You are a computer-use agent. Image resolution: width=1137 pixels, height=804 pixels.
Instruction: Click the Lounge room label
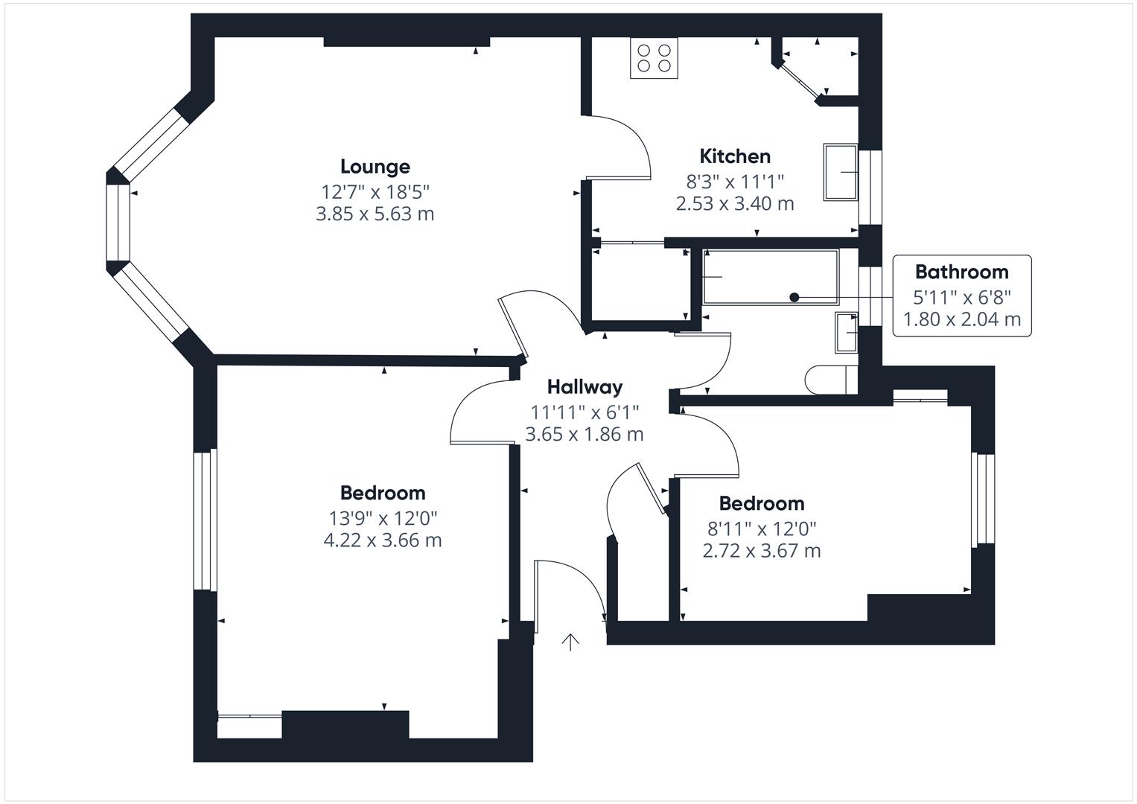(x=375, y=167)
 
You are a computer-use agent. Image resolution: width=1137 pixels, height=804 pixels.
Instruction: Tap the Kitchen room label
(x=735, y=156)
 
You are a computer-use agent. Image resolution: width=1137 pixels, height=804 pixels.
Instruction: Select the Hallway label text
(x=585, y=387)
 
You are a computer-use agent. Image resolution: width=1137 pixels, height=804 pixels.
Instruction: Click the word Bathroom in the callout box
(x=962, y=272)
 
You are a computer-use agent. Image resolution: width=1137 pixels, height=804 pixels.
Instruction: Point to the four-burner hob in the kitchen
(x=654, y=58)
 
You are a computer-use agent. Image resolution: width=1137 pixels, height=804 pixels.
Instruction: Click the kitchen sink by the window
(x=841, y=172)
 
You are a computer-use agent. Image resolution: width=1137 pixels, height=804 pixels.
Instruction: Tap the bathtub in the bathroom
(x=771, y=277)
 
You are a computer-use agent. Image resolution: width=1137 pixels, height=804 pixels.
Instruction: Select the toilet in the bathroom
(x=832, y=380)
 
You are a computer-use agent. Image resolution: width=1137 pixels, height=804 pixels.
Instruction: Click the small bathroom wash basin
(x=846, y=333)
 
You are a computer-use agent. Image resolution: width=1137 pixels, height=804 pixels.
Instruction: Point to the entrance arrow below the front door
(x=570, y=642)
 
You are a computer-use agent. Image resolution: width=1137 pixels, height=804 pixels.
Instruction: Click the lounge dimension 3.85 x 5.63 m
(x=375, y=214)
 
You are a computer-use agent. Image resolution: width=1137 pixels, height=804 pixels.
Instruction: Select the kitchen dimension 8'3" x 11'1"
(x=735, y=181)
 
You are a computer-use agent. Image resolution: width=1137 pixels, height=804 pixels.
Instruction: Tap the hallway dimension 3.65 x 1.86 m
(x=585, y=435)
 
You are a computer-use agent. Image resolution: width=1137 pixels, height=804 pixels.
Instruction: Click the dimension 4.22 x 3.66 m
(x=383, y=540)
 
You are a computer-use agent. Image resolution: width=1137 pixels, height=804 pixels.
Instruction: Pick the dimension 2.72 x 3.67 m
(x=762, y=551)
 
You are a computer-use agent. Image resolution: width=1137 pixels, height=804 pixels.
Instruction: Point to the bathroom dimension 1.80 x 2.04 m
(x=962, y=319)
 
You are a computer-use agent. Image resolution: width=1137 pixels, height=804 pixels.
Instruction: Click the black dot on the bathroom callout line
(x=795, y=298)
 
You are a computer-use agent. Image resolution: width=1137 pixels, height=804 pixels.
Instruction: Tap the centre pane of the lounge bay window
(x=118, y=223)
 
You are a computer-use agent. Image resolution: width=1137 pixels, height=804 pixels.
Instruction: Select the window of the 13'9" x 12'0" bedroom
(x=205, y=520)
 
